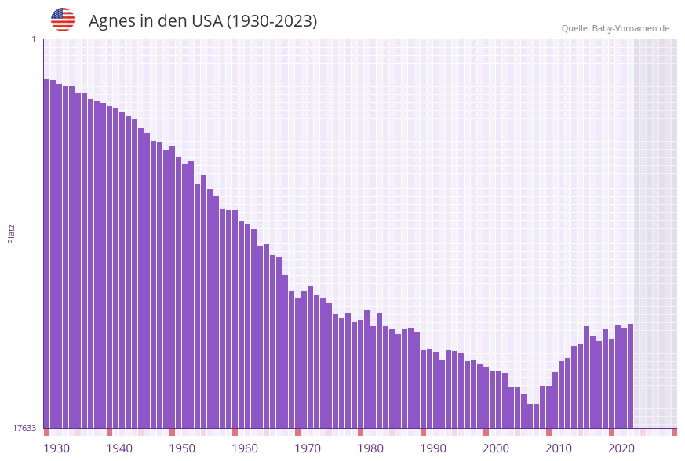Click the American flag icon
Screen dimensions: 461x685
pyautogui.click(x=63, y=20)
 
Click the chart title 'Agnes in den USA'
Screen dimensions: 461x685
pyautogui.click(x=202, y=21)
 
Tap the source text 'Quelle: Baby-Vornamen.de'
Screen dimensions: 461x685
pyautogui.click(x=615, y=28)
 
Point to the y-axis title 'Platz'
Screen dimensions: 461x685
pyautogui.click(x=12, y=233)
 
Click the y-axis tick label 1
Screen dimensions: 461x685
pyautogui.click(x=33, y=39)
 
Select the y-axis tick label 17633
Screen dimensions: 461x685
pyautogui.click(x=24, y=428)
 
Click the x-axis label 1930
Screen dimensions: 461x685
pyautogui.click(x=56, y=448)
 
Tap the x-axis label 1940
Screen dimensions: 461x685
pyautogui.click(x=119, y=448)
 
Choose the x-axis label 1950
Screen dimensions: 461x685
pyautogui.click(x=182, y=448)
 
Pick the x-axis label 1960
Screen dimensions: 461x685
pyautogui.click(x=245, y=448)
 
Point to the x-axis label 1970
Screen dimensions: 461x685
pyautogui.click(x=308, y=448)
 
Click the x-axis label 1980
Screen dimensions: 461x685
pyautogui.click(x=370, y=448)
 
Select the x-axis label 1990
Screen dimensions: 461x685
pyautogui.click(x=433, y=448)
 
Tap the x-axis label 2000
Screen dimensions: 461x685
pyautogui.click(x=496, y=448)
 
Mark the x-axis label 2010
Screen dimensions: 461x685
pyautogui.click(x=559, y=448)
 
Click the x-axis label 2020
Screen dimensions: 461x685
pyautogui.click(x=621, y=448)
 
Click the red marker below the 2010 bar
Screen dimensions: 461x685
pyautogui.click(x=548, y=432)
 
